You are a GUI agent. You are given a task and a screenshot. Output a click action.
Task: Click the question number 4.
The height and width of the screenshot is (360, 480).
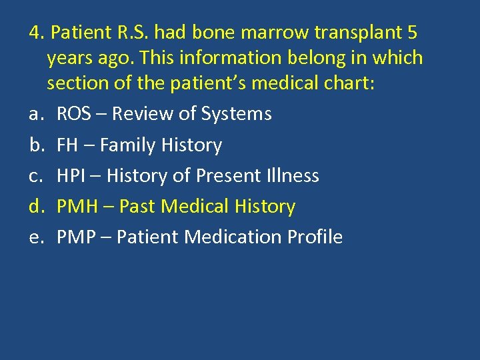point(35,32)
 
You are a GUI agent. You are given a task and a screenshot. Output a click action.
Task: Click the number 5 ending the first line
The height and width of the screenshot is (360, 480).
point(411,32)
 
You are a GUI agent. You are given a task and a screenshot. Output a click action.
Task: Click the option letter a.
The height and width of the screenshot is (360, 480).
point(35,114)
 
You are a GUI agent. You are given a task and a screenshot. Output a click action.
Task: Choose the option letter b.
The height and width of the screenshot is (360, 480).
point(35,145)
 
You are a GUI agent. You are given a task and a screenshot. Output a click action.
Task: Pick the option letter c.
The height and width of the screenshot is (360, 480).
point(35,175)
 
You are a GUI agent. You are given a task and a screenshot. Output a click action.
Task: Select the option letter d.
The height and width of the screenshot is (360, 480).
point(35,207)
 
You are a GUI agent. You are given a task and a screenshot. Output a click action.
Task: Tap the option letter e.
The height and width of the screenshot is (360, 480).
point(35,237)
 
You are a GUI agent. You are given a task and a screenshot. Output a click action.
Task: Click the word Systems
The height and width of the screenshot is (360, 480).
point(240,114)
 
